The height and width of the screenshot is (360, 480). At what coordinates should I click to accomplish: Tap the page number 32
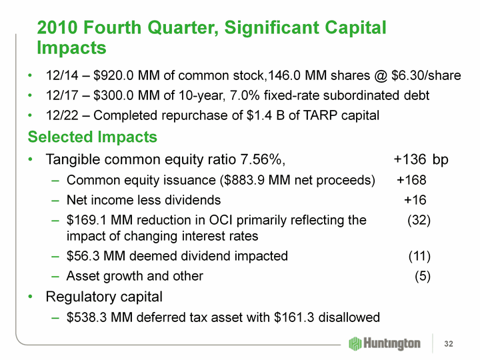tap(449, 343)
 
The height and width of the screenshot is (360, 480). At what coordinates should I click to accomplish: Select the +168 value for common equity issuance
tap(411, 180)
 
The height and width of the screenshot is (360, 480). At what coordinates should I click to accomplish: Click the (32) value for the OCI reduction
tap(419, 219)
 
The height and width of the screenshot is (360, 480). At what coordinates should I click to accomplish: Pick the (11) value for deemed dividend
tap(419, 256)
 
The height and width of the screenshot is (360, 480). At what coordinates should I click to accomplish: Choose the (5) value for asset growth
tap(422, 275)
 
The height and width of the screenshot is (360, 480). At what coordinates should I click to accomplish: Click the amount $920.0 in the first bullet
tap(114, 76)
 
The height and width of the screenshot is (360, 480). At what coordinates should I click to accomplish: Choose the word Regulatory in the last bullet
tap(80, 295)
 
